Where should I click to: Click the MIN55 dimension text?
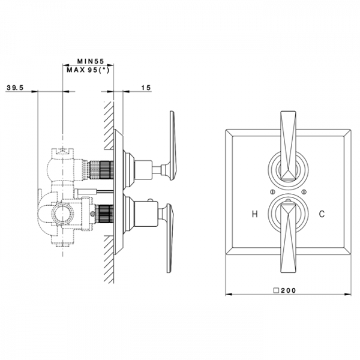coord(91,61)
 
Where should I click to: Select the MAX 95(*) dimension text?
coord(88,70)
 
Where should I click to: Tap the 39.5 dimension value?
coord(15,88)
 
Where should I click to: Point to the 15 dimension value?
coord(146,88)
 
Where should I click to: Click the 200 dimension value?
coord(289,290)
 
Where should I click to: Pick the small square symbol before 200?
coord(276,290)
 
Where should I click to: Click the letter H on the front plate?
coord(254,214)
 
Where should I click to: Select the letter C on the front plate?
coord(322,214)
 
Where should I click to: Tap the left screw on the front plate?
coord(272,191)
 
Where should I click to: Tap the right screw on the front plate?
coord(304,191)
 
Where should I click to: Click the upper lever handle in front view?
coord(289,146)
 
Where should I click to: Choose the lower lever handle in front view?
coord(289,238)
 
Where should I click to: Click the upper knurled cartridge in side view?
coord(101,170)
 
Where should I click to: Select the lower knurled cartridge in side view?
coord(104,216)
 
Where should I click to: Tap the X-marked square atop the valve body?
coord(62,152)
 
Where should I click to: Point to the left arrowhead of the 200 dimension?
coord(229,294)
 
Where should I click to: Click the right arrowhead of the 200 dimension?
coord(348,294)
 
